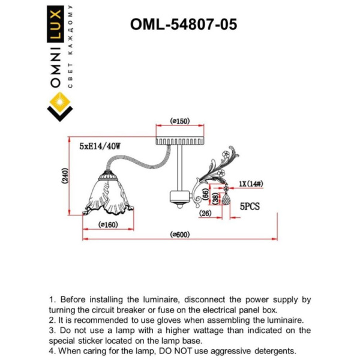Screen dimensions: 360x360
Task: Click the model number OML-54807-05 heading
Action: tap(183, 24)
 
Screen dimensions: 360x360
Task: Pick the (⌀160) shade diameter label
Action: tap(109, 225)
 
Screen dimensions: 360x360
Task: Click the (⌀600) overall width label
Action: tap(179, 235)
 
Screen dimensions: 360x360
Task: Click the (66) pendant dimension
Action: tap(205, 194)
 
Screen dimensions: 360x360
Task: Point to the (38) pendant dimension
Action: tap(215, 199)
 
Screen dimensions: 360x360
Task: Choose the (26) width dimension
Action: tap(205, 213)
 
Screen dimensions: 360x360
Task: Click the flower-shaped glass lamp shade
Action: tap(108, 195)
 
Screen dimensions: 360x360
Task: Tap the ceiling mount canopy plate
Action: tap(179, 140)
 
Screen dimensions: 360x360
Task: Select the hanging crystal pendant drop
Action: tap(227, 198)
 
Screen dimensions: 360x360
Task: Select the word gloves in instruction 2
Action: tap(197, 320)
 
